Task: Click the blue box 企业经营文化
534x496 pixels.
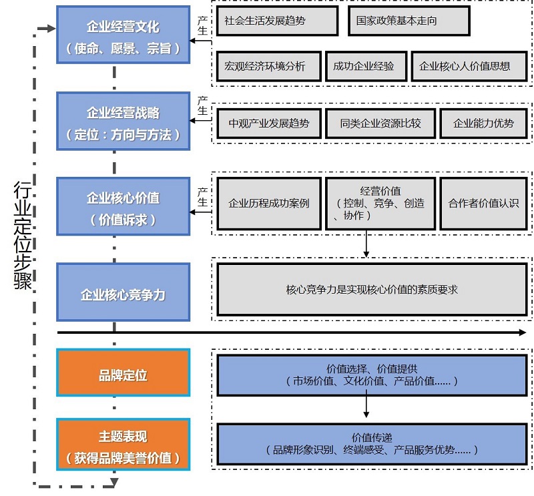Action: pyautogui.click(x=123, y=38)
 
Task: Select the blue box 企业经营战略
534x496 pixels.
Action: pyautogui.click(x=123, y=123)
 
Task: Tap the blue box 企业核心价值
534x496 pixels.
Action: pyautogui.click(x=123, y=207)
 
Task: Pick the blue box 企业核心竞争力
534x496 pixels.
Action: pyautogui.click(x=123, y=294)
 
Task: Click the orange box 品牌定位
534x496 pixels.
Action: pyautogui.click(x=123, y=375)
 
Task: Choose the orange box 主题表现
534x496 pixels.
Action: pyautogui.click(x=123, y=447)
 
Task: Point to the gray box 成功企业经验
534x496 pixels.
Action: pyautogui.click(x=364, y=66)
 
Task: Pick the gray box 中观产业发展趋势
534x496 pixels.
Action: pyautogui.click(x=269, y=123)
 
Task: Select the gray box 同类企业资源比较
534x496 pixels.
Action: pyautogui.click(x=380, y=123)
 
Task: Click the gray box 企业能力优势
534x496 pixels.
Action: pyautogui.click(x=483, y=123)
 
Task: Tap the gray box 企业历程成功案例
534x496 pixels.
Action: pyautogui.click(x=269, y=204)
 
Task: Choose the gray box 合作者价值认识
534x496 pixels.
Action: pyautogui.click(x=483, y=204)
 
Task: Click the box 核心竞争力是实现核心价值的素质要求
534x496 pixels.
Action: pyautogui.click(x=371, y=290)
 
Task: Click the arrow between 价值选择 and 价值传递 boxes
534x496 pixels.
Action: pyautogui.click(x=366, y=405)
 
